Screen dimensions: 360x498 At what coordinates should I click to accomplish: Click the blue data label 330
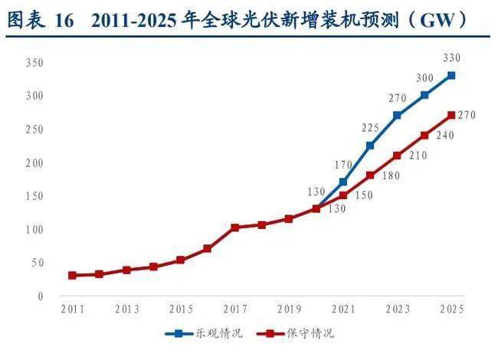point(451,58)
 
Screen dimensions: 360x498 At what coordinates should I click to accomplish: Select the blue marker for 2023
point(397,116)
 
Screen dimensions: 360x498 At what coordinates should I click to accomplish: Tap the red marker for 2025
point(451,116)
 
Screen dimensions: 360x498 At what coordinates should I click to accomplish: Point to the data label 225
point(370,127)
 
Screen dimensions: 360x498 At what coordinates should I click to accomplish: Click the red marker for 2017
point(234,227)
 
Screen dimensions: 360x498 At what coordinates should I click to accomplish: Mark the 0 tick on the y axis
point(41,296)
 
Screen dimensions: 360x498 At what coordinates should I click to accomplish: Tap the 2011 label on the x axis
point(72,309)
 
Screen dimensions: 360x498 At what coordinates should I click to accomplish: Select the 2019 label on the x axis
point(288,309)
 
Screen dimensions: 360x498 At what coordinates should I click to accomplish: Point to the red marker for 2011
point(72,275)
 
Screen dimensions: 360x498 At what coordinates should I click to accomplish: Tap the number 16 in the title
point(65,21)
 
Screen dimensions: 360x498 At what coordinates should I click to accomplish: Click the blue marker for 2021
point(342,182)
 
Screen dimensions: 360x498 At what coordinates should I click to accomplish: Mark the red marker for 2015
point(180,260)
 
